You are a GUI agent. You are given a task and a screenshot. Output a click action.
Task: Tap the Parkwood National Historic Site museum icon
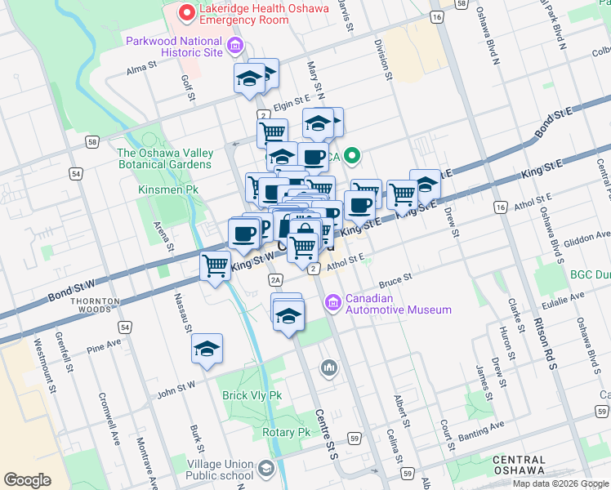(235, 46)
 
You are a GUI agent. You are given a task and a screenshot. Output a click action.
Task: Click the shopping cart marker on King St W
(215, 265)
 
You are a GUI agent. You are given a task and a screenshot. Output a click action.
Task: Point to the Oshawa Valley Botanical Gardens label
(165, 158)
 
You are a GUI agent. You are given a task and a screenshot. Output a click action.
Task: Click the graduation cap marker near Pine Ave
(207, 349)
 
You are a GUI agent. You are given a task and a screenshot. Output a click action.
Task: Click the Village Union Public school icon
(266, 468)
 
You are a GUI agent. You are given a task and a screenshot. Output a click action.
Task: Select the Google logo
(28, 479)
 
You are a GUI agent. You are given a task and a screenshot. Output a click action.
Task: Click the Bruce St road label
(395, 281)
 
